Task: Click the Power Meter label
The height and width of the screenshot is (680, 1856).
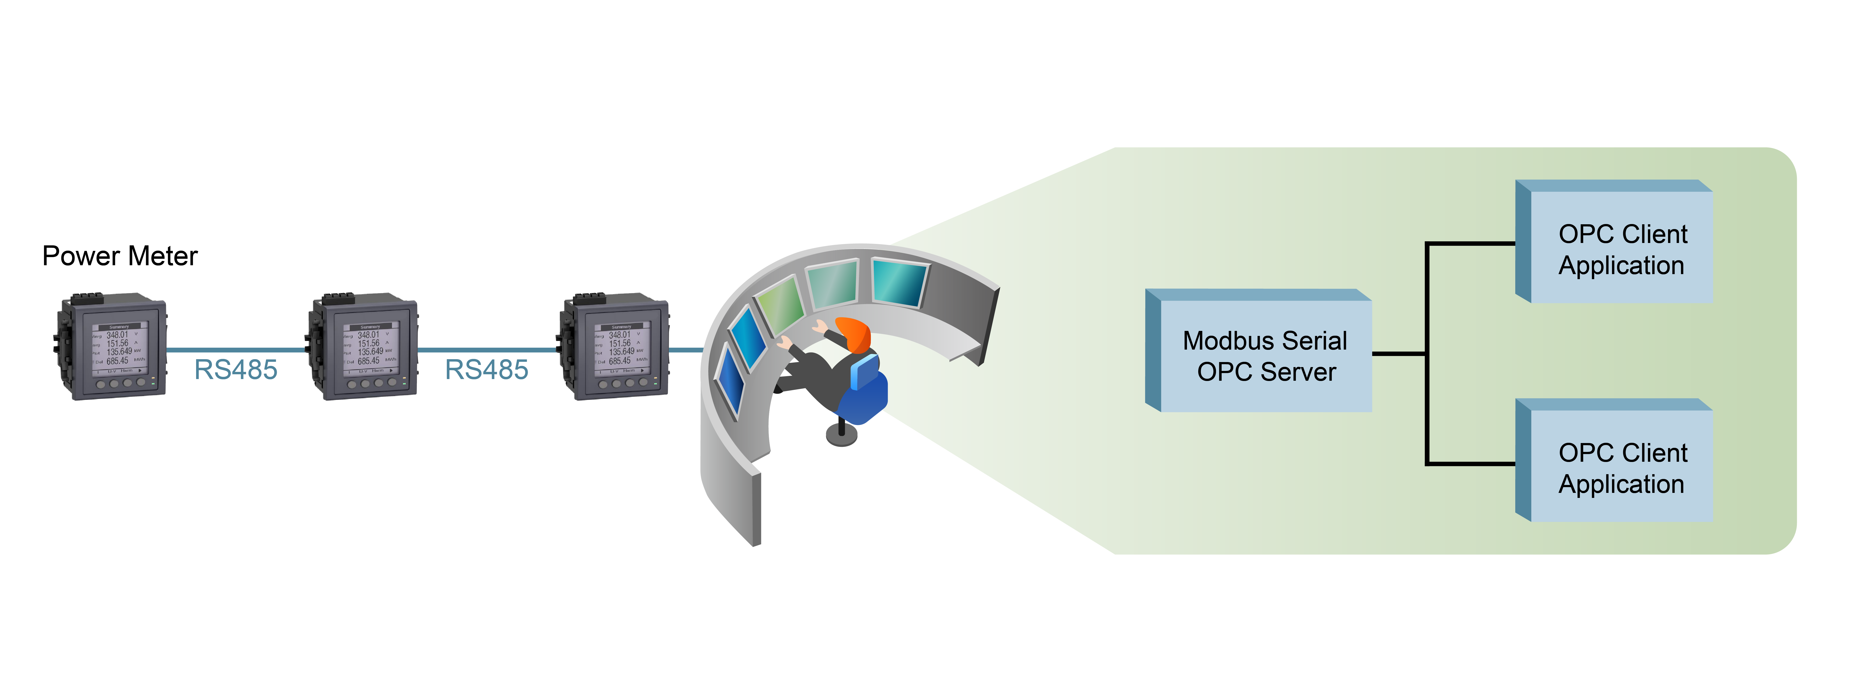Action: [x=119, y=256]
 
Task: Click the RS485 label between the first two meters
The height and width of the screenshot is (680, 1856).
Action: [x=236, y=370]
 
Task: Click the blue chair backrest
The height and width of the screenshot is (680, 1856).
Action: [x=865, y=371]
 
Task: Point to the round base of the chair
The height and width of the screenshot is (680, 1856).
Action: [x=841, y=435]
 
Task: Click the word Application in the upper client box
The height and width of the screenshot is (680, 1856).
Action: [x=1621, y=265]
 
